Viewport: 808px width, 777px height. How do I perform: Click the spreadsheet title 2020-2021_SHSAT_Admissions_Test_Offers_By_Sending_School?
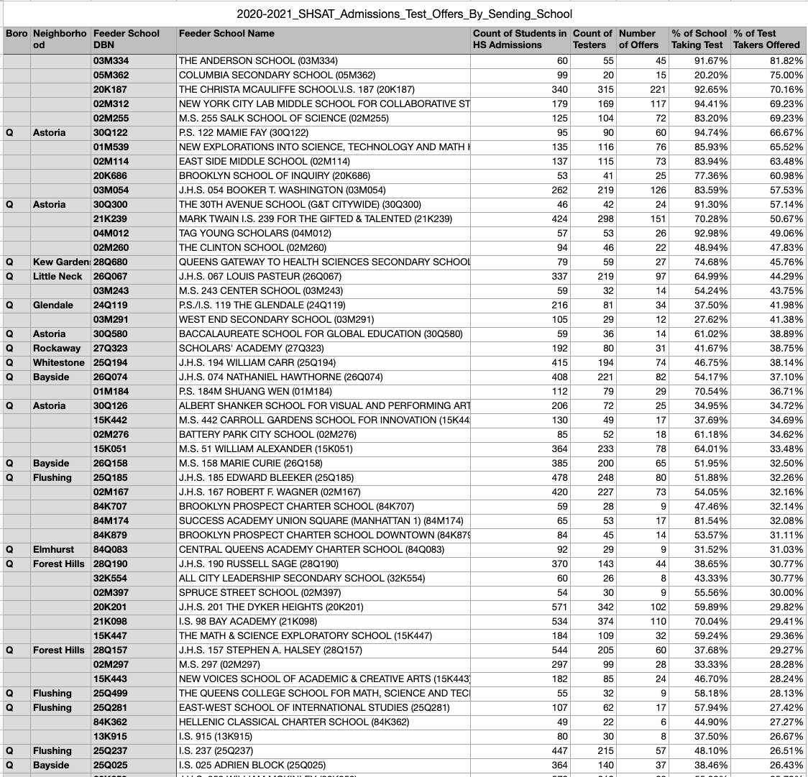(405, 14)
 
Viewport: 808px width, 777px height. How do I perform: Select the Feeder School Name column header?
(226, 33)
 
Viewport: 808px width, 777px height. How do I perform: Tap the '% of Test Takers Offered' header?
(768, 39)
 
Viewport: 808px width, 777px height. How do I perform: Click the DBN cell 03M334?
(111, 60)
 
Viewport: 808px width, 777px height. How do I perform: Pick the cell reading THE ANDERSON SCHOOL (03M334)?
(258, 60)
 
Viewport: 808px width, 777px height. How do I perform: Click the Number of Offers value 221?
(653, 89)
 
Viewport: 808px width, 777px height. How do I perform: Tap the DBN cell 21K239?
(111, 219)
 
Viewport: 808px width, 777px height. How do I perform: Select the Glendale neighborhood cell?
(53, 305)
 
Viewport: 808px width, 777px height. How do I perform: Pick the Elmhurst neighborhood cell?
(54, 549)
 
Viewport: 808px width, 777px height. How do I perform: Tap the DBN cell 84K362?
(111, 722)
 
